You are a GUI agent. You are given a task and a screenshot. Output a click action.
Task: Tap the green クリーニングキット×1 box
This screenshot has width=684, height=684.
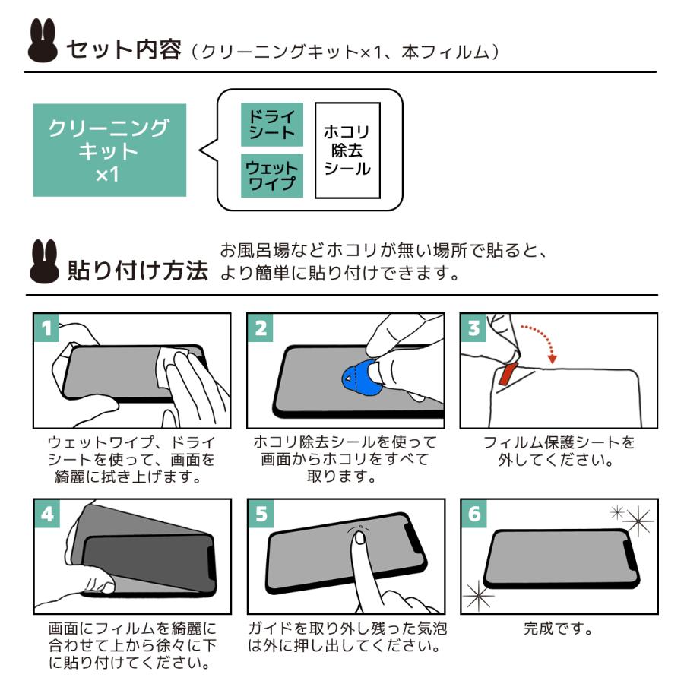(109, 150)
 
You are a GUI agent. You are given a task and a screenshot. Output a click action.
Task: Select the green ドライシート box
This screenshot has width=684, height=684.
(272, 124)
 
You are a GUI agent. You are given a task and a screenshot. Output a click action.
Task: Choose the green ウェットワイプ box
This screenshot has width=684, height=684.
(272, 176)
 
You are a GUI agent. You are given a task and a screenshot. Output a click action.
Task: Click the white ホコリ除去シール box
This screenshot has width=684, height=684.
(347, 150)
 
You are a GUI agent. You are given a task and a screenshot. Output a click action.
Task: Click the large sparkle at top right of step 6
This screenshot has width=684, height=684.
(638, 521)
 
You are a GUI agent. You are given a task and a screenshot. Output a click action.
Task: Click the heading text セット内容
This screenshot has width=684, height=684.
(124, 50)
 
